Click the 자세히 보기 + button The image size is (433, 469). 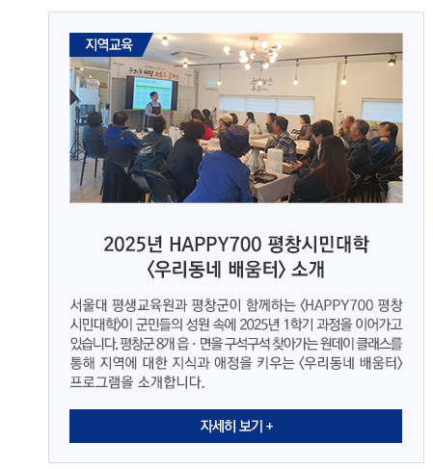(235, 426)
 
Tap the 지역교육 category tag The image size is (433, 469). (109, 44)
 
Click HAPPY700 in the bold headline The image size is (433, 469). (215, 245)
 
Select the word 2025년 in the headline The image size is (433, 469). (134, 245)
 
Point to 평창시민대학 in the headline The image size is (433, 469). (318, 245)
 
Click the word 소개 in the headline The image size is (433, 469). (308, 269)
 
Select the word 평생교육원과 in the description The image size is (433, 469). (149, 305)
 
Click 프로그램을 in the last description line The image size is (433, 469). (101, 382)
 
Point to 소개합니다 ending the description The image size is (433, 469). (171, 382)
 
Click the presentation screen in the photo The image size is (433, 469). (151, 93)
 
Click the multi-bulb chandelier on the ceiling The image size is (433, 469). (253, 54)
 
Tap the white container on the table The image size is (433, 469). (274, 161)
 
